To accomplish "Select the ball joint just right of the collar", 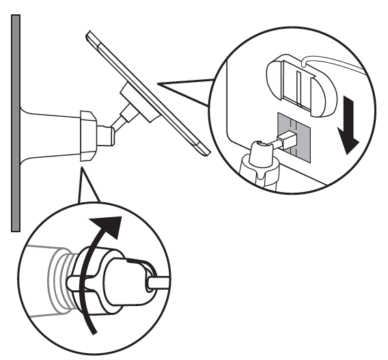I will (109, 135).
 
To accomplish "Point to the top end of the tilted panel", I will (91, 34).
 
